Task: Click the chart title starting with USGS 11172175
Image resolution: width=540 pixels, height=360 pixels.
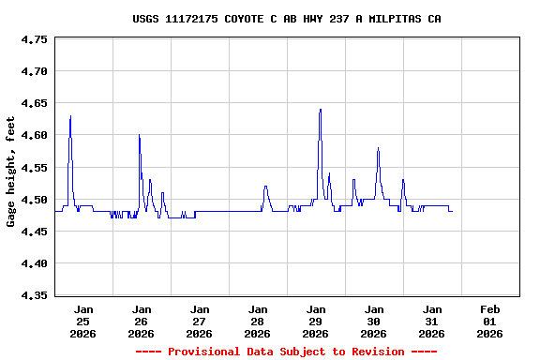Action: point(287,19)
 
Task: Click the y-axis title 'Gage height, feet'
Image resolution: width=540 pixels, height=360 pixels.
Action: point(11,171)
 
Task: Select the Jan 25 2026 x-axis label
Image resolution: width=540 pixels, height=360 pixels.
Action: point(83,321)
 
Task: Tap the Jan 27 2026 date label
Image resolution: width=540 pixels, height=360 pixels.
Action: point(200,321)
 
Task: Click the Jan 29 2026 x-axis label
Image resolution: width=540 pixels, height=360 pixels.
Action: point(316,321)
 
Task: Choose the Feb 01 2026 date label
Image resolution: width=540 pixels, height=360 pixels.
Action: point(489,321)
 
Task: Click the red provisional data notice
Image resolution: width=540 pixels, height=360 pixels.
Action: point(286,352)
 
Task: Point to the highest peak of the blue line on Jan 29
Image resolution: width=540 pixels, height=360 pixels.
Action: point(320,110)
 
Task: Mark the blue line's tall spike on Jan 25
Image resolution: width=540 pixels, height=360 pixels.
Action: point(70,117)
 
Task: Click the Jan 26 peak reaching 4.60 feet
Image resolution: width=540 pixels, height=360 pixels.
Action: point(139,136)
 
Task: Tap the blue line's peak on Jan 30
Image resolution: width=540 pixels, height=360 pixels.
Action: point(378,148)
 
